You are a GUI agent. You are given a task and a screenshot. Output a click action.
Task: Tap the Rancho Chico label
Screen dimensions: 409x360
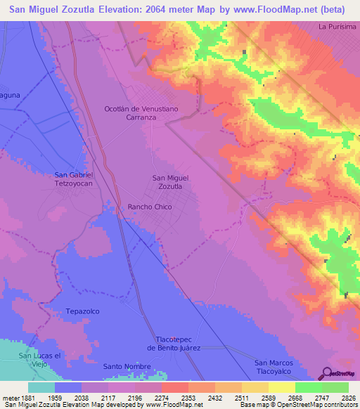coord(149,207)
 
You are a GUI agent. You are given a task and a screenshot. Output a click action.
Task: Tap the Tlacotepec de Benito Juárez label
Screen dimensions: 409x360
coord(174,343)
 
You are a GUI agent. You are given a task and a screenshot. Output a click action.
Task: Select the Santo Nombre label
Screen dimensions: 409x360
coord(127,367)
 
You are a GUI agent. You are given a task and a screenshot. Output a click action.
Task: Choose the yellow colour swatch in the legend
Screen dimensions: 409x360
coord(281,387)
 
